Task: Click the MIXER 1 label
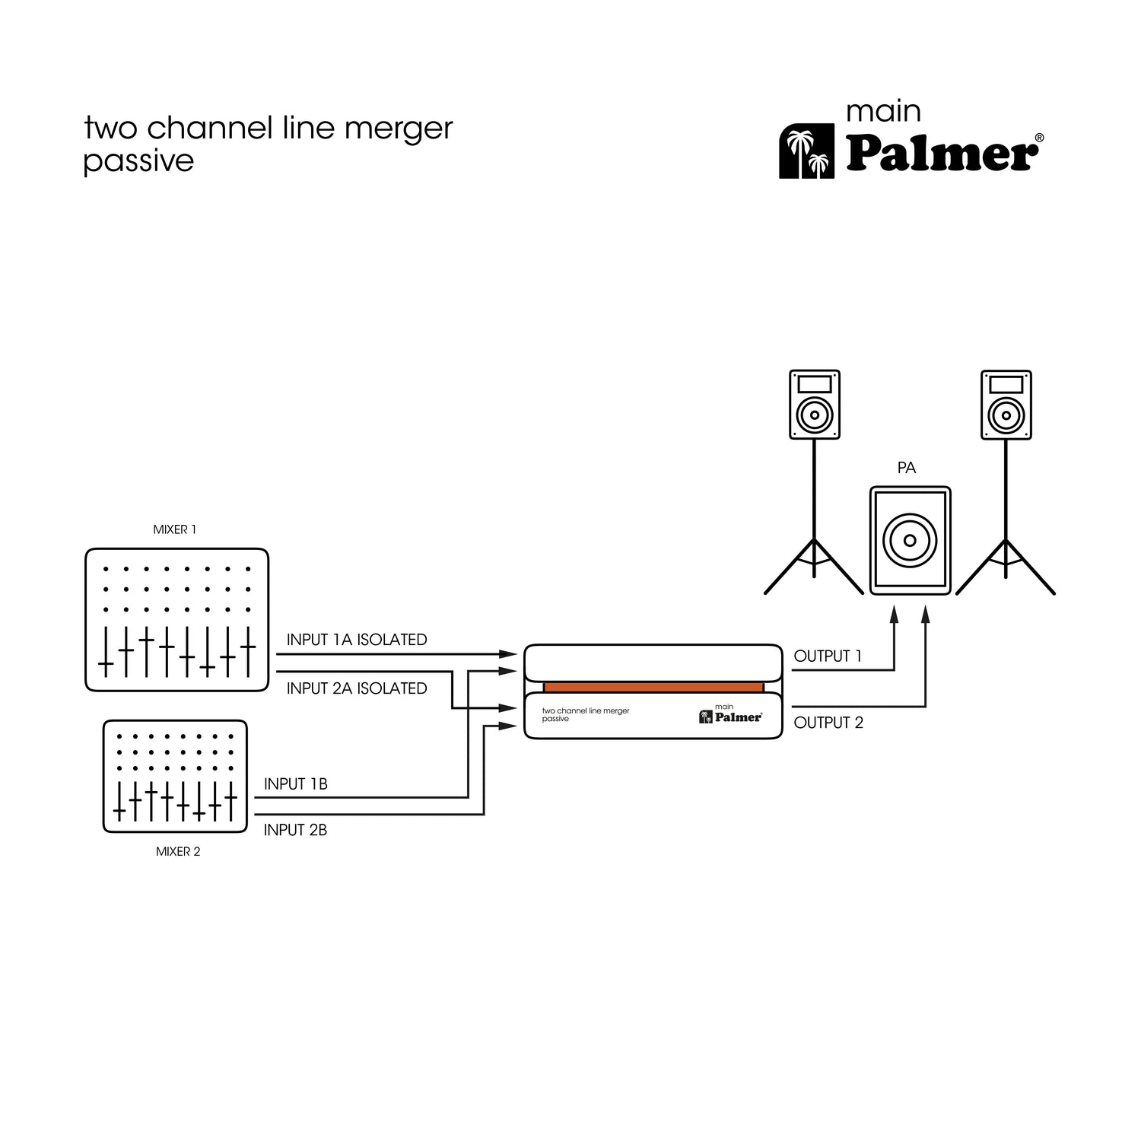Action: point(175,529)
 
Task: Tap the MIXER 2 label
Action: point(178,852)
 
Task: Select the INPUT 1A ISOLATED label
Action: point(357,640)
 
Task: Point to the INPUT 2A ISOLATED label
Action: point(357,688)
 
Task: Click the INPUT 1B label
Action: point(296,783)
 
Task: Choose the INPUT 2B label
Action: point(295,830)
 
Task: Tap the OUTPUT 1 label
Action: point(828,656)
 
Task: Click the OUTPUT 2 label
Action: point(828,723)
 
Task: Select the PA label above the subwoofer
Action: point(906,468)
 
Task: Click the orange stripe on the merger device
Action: point(653,687)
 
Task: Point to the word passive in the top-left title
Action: point(138,161)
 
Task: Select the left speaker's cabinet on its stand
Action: point(815,405)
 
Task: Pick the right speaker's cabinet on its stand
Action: point(1006,405)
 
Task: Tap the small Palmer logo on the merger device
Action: point(730,716)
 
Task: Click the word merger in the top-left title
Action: point(399,129)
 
